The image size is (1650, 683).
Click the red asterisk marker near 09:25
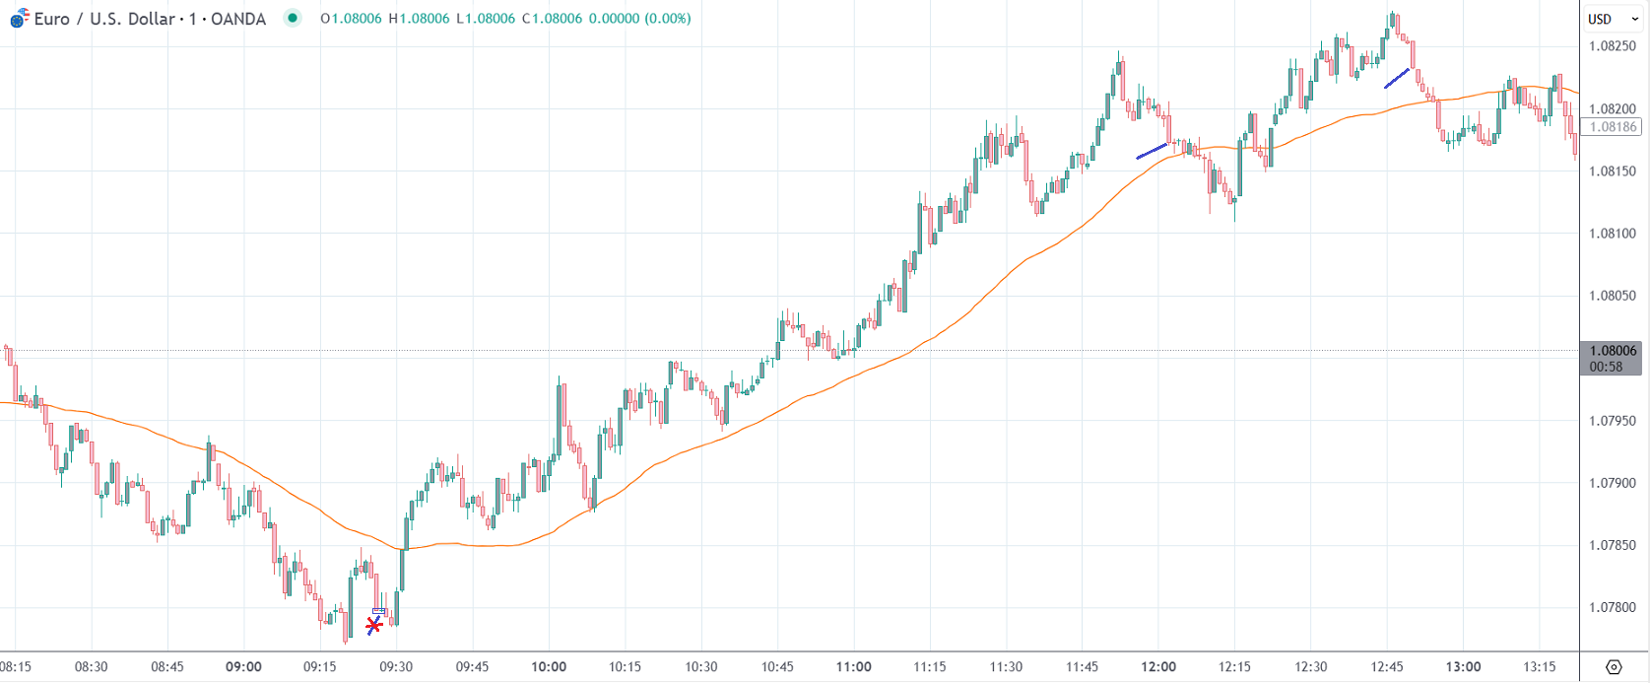[374, 625]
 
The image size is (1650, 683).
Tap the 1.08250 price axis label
[1613, 46]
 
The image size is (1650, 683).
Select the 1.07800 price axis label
[1613, 608]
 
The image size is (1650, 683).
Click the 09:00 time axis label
[243, 667]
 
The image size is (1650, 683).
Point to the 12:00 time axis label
[1158, 667]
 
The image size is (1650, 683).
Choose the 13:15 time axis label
[1540, 667]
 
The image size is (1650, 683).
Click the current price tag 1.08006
[1613, 351]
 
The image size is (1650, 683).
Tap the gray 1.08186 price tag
[1613, 127]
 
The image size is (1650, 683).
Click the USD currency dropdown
[1607, 19]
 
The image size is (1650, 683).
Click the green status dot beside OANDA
[293, 18]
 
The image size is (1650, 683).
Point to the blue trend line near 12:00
[1152, 151]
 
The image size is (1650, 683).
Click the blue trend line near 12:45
[1397, 78]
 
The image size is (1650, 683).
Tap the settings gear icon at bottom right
[1614, 667]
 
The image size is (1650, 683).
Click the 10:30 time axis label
[701, 667]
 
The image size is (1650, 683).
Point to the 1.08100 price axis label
[1613, 234]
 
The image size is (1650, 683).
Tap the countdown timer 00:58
[1607, 367]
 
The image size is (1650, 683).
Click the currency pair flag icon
[19, 19]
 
